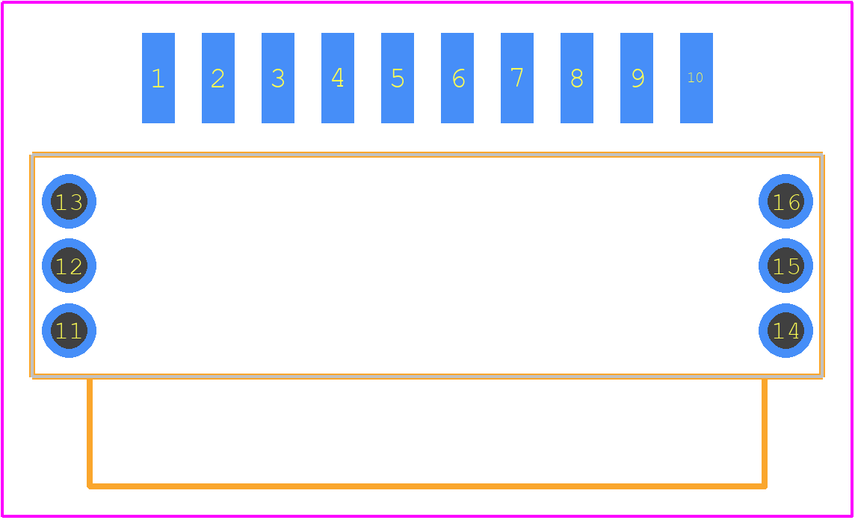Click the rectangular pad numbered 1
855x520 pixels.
pos(158,78)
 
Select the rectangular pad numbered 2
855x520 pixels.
pos(218,78)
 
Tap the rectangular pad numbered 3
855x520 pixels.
pos(278,78)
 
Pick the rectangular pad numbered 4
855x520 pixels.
pos(338,78)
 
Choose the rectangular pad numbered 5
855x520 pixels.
pos(398,78)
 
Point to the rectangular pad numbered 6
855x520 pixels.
pos(457,78)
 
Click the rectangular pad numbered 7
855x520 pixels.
pos(517,78)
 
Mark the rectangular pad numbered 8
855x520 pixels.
pos(577,78)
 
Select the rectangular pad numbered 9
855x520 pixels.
pos(637,78)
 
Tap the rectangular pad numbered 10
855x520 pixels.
pos(697,78)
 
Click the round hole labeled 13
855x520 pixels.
pos(70,202)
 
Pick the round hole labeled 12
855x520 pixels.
pos(70,266)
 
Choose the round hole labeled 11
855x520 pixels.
pos(70,331)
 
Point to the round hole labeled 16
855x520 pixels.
pos(785,202)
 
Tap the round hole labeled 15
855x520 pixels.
pos(785,266)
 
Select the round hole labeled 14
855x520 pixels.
pos(785,331)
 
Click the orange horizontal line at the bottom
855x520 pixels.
pos(427,486)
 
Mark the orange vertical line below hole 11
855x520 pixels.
pos(90,433)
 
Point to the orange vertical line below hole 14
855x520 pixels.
pos(765,433)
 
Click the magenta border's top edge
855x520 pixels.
pos(427,2)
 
